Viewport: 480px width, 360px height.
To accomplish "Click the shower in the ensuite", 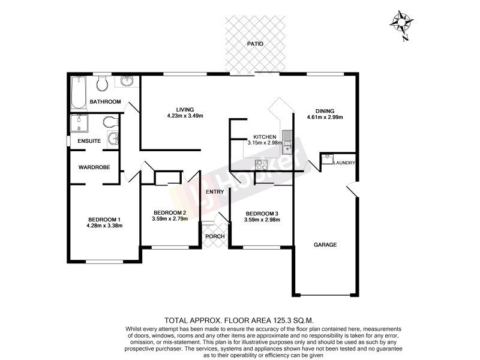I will pyautogui.click(x=79, y=124).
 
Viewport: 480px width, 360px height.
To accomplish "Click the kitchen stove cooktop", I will pyautogui.click(x=262, y=163).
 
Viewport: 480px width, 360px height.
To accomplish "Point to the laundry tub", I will pyautogui.click(x=327, y=158).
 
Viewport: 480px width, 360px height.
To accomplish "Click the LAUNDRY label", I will pyautogui.click(x=345, y=163).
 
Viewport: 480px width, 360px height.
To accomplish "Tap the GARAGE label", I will pyautogui.click(x=325, y=244).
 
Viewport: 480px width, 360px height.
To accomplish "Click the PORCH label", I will pyautogui.click(x=215, y=236).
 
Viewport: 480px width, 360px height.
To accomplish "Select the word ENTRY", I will pyautogui.click(x=215, y=192).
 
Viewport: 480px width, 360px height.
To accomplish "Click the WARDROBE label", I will pyautogui.click(x=94, y=167).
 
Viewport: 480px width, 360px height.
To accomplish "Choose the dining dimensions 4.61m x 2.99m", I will pyautogui.click(x=325, y=118).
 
